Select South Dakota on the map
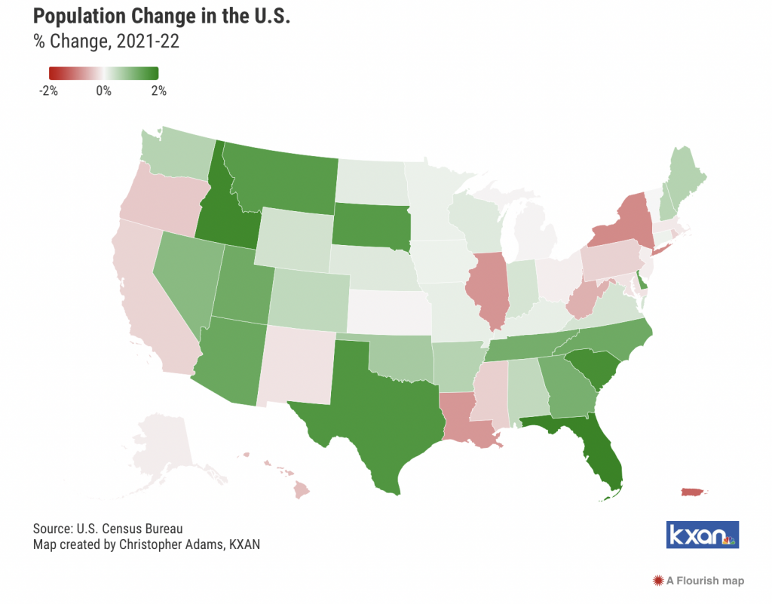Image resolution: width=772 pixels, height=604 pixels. (371, 226)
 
